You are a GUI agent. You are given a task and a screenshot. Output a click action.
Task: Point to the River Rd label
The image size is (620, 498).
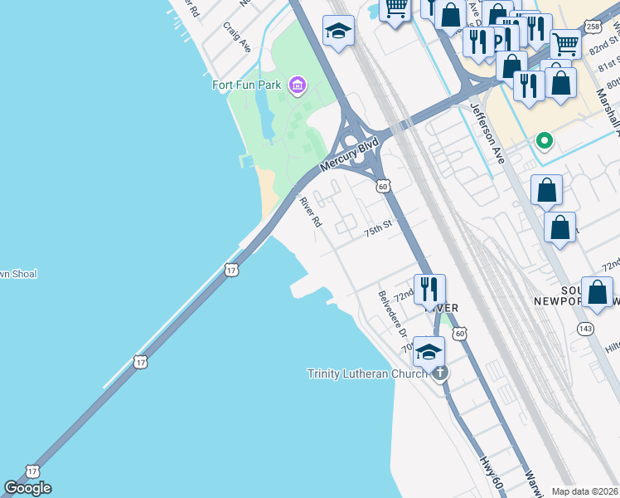coord(310,211)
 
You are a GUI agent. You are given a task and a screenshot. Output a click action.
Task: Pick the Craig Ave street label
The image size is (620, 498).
coord(236,37)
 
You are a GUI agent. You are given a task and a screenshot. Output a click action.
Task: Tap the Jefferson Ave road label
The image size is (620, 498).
coord(487,132)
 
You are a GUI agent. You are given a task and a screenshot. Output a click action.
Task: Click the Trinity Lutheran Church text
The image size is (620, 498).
coord(367,374)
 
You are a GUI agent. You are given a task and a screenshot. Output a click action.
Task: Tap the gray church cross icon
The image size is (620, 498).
coord(439,373)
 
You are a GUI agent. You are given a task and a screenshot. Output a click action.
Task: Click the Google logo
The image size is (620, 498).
coord(27,488)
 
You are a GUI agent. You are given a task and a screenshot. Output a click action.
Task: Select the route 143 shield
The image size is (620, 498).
coord(587,329)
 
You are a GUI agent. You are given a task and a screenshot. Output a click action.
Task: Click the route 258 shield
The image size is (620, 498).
coord(593,27)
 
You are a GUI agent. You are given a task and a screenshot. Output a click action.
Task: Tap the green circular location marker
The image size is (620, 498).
coord(545,140)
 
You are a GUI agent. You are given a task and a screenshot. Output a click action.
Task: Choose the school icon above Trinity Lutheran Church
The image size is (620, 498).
coord(429,352)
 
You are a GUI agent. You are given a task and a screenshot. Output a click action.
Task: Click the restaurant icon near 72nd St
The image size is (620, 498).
coord(429,290)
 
